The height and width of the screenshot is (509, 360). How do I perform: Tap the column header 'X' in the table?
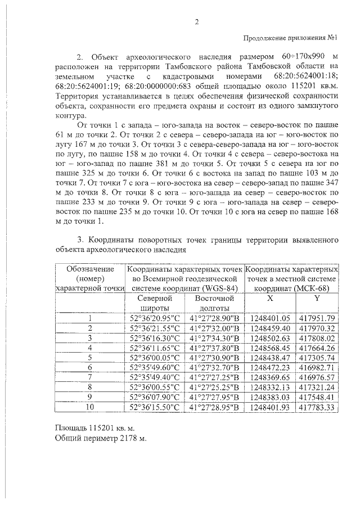click(269, 299)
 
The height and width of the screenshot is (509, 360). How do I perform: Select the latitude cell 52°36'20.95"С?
click(154, 319)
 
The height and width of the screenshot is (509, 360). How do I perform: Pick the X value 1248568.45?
click(269, 349)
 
